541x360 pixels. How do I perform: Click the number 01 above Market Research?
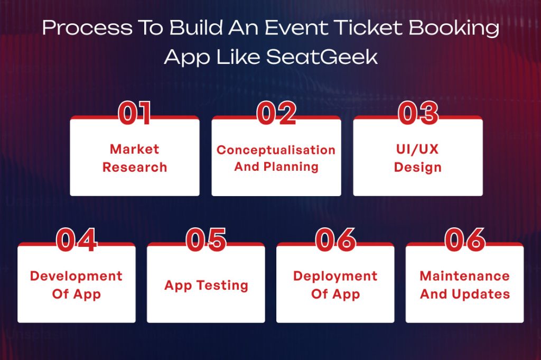click(x=135, y=113)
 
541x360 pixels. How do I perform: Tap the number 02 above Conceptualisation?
click(x=276, y=113)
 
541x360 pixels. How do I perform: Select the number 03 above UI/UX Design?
click(x=418, y=113)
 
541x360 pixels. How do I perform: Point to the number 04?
click(x=77, y=240)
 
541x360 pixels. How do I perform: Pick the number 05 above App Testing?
click(x=206, y=240)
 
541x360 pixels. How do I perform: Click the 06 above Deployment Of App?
click(x=335, y=240)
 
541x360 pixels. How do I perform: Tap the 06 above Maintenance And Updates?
click(x=465, y=240)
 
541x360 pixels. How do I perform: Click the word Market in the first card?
click(x=134, y=150)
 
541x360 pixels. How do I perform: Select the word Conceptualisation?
click(x=276, y=150)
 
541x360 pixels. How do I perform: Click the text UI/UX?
click(x=417, y=150)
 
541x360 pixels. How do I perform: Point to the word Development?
click(x=76, y=276)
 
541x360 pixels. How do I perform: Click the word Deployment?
click(x=335, y=276)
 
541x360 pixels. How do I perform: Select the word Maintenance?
click(x=464, y=276)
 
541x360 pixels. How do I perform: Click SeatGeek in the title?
click(x=322, y=56)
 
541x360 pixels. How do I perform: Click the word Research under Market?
click(x=134, y=168)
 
